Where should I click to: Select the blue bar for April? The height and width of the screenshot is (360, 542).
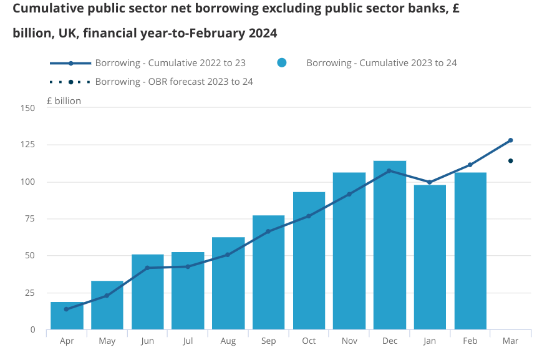(x=67, y=316)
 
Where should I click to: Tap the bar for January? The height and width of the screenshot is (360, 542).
(x=430, y=259)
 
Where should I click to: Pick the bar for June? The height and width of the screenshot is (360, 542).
(x=147, y=293)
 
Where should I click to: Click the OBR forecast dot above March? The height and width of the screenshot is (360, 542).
(x=510, y=161)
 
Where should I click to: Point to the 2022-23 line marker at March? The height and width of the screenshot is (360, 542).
(x=510, y=140)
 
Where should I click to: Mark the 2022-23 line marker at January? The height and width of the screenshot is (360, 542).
(x=430, y=182)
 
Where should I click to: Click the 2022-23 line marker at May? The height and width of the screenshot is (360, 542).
(x=107, y=296)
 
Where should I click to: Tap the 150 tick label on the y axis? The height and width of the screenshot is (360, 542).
(x=27, y=109)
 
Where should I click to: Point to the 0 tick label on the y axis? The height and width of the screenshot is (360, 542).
(x=32, y=329)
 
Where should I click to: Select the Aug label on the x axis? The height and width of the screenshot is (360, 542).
(x=228, y=341)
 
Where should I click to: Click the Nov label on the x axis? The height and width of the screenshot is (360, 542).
(x=349, y=341)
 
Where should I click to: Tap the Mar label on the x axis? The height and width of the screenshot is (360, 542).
(x=510, y=341)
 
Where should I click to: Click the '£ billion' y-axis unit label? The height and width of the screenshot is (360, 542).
(x=63, y=100)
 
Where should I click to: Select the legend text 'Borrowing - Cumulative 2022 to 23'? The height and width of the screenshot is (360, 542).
(x=170, y=63)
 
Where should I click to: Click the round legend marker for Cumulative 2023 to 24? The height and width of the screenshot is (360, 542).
(x=281, y=63)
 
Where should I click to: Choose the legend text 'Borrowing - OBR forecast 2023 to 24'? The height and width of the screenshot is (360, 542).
(x=174, y=82)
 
